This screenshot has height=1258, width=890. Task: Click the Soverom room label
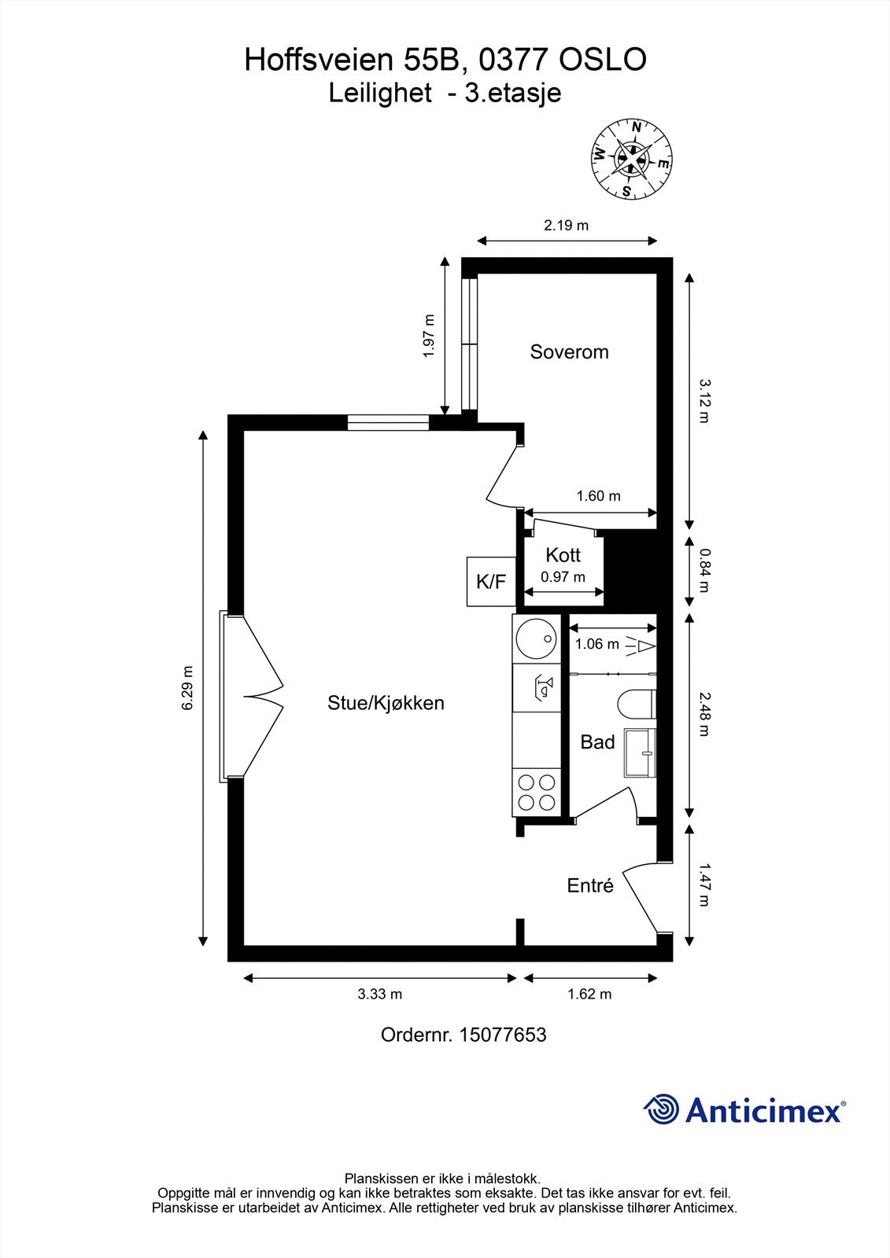(x=569, y=351)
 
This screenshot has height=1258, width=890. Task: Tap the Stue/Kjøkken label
(x=386, y=703)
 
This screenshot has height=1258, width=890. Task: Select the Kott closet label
(x=563, y=555)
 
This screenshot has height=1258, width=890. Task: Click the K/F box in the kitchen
(x=490, y=582)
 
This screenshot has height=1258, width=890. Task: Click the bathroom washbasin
(x=640, y=753)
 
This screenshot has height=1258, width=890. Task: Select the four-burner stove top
(x=536, y=792)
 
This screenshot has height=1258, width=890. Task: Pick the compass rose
(x=632, y=160)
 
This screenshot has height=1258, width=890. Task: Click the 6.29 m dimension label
(x=187, y=688)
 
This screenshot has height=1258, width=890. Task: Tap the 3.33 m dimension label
(x=379, y=994)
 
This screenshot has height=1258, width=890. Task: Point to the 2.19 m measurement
(x=566, y=226)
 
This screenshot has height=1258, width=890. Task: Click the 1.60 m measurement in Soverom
(x=598, y=496)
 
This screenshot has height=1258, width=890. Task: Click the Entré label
(x=590, y=885)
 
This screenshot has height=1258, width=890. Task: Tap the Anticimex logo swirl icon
(x=661, y=1109)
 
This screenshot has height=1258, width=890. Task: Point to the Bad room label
(x=597, y=742)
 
